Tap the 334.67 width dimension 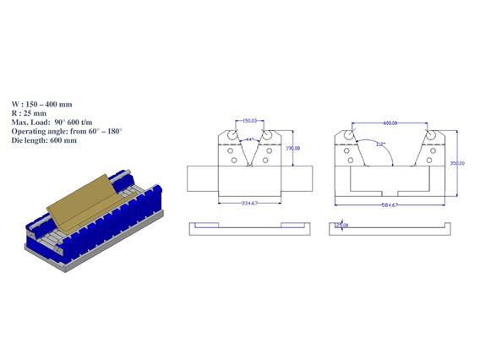(x=249, y=204)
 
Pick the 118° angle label (x=382, y=144)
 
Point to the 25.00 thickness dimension (x=341, y=226)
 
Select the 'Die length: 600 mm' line (x=45, y=140)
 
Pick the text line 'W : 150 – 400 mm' (x=42, y=101)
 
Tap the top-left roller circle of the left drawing (x=229, y=134)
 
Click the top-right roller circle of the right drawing (x=431, y=134)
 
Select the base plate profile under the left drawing (x=250, y=226)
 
